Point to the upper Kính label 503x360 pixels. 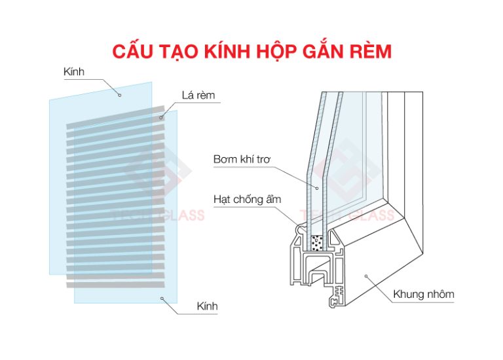click(x=74, y=71)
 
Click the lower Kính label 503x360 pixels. click(x=207, y=306)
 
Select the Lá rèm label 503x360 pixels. click(x=198, y=95)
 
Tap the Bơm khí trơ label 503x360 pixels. click(x=242, y=159)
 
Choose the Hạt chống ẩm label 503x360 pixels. click(x=248, y=200)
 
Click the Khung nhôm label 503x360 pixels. click(x=424, y=294)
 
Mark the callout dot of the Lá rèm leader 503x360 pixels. click(x=161, y=118)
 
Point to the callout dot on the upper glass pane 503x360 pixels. click(x=120, y=95)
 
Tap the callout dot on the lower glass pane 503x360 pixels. click(x=162, y=298)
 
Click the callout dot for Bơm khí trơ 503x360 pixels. click(x=317, y=188)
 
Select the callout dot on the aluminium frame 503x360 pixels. click(x=366, y=276)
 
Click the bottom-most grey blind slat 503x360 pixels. click(x=115, y=285)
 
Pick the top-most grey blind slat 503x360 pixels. click(x=115, y=117)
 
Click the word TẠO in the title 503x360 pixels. click(x=178, y=52)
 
